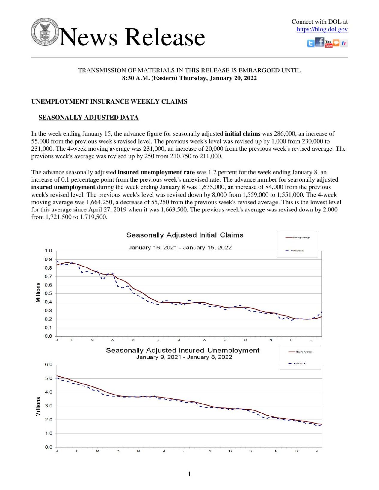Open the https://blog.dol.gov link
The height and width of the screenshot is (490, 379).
(x=322, y=29)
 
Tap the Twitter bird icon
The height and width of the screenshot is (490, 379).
(x=311, y=44)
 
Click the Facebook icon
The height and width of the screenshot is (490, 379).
(x=320, y=42)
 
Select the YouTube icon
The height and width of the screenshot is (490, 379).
(x=328, y=44)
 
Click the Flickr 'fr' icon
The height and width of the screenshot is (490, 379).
(x=344, y=44)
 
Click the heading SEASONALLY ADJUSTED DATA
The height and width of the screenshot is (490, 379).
(x=88, y=118)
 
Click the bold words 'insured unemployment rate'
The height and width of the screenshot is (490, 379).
(x=156, y=172)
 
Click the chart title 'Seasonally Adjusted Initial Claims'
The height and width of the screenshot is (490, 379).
(x=185, y=235)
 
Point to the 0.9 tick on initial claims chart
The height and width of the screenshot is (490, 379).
(x=48, y=259)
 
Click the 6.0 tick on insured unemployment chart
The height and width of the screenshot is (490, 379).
(x=49, y=365)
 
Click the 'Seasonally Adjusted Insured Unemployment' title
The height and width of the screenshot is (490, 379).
(x=182, y=350)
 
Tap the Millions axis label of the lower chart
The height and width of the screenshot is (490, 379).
(x=38, y=407)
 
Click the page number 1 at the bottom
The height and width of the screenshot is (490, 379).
(x=189, y=474)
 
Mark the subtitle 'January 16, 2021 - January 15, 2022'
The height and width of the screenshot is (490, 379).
(x=180, y=248)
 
